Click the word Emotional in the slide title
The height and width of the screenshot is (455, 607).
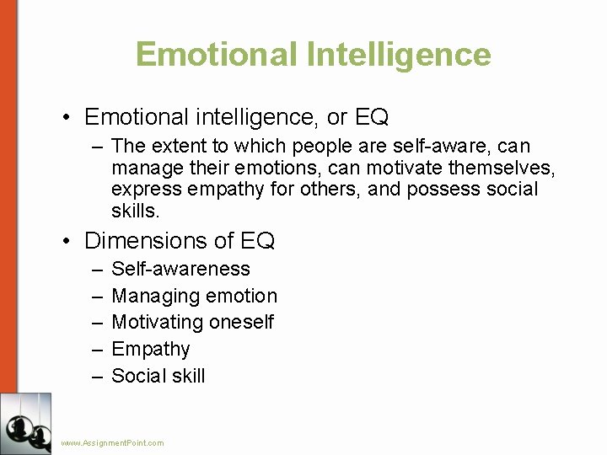[215, 54]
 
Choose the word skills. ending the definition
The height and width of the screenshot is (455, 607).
[135, 210]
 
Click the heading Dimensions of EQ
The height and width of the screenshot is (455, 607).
[180, 241]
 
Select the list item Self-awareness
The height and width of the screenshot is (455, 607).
[180, 269]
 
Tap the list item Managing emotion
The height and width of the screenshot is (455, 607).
[194, 296]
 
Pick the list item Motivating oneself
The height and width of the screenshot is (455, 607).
[192, 322]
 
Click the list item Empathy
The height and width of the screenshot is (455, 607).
[151, 349]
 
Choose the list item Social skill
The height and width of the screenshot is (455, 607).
[158, 376]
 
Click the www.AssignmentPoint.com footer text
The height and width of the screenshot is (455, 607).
[113, 442]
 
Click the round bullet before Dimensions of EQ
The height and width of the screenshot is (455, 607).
[67, 242]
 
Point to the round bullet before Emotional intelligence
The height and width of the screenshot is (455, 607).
[67, 116]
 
